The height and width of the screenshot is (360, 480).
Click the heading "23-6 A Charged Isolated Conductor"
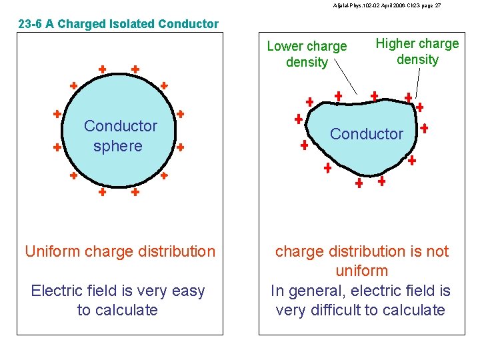click(x=118, y=25)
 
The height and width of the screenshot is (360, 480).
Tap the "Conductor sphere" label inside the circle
click(x=120, y=136)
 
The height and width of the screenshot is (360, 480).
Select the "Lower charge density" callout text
click(x=307, y=54)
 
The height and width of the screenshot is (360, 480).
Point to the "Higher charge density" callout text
click(x=417, y=51)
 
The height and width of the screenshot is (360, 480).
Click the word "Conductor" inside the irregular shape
click(x=367, y=134)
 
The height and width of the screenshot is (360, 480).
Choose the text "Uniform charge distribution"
click(x=120, y=251)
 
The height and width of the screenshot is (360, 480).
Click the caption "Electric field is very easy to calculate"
click(x=118, y=300)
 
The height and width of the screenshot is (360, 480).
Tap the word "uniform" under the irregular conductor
click(x=361, y=271)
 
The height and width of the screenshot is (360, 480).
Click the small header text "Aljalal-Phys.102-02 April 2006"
click(x=363, y=5)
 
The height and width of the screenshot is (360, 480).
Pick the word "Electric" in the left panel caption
click(x=56, y=291)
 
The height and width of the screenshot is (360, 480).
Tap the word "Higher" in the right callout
click(x=396, y=44)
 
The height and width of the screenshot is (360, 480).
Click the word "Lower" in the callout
click(x=285, y=47)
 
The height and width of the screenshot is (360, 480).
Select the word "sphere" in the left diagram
click(x=118, y=146)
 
